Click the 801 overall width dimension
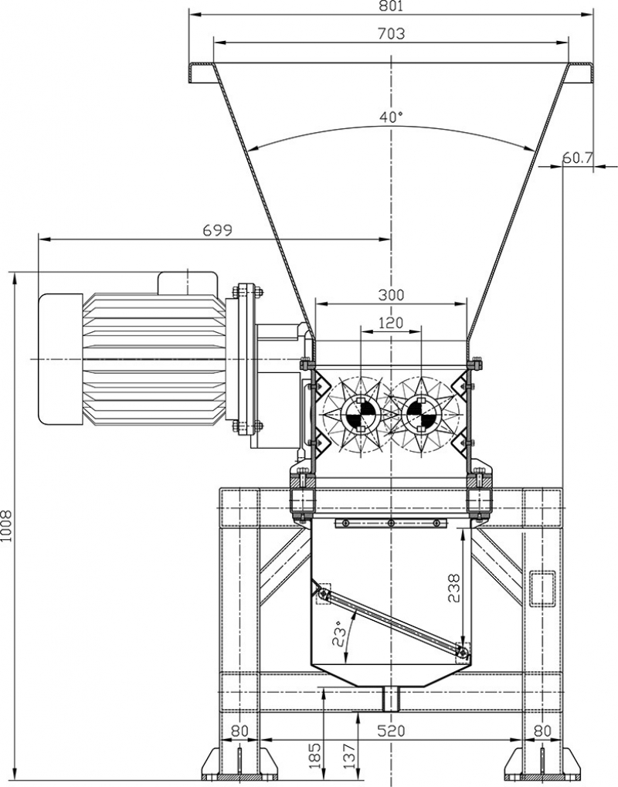click(x=391, y=7)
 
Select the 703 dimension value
click(x=391, y=33)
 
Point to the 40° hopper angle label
click(x=391, y=117)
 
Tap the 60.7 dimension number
click(x=577, y=158)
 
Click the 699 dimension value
click(x=217, y=230)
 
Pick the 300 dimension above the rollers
click(x=391, y=295)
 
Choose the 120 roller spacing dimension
click(x=391, y=323)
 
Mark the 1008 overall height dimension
click(x=7, y=525)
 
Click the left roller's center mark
click(x=361, y=414)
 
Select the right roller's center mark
click(x=422, y=414)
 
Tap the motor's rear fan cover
click(x=60, y=359)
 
